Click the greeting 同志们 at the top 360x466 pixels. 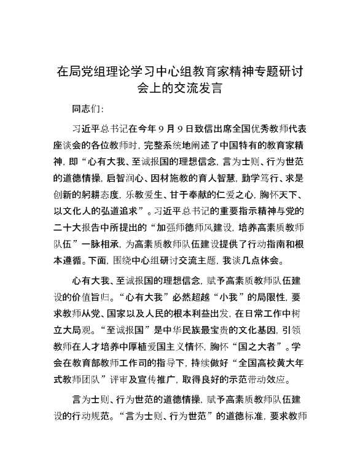click(x=85, y=110)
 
